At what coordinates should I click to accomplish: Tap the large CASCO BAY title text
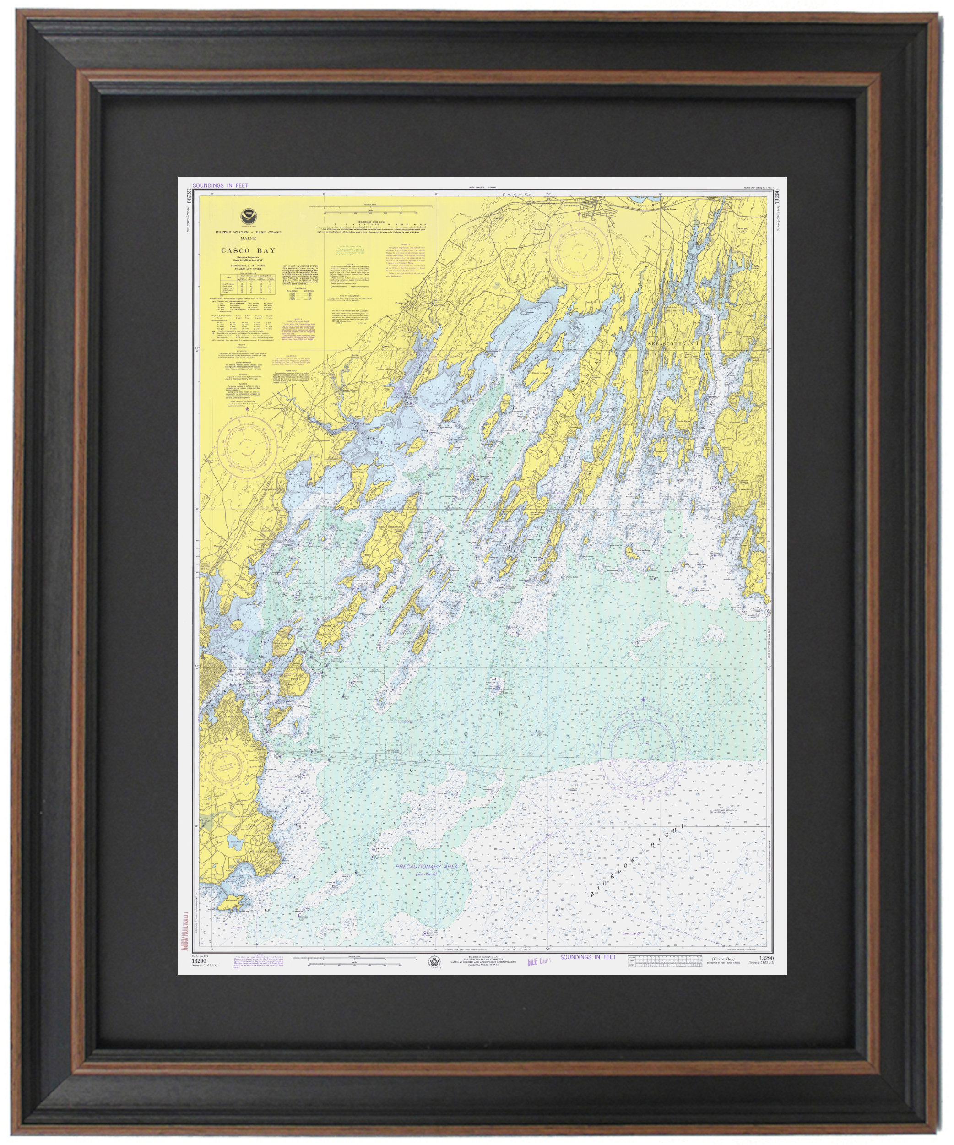248,251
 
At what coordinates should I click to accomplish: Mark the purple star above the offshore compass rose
643,700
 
